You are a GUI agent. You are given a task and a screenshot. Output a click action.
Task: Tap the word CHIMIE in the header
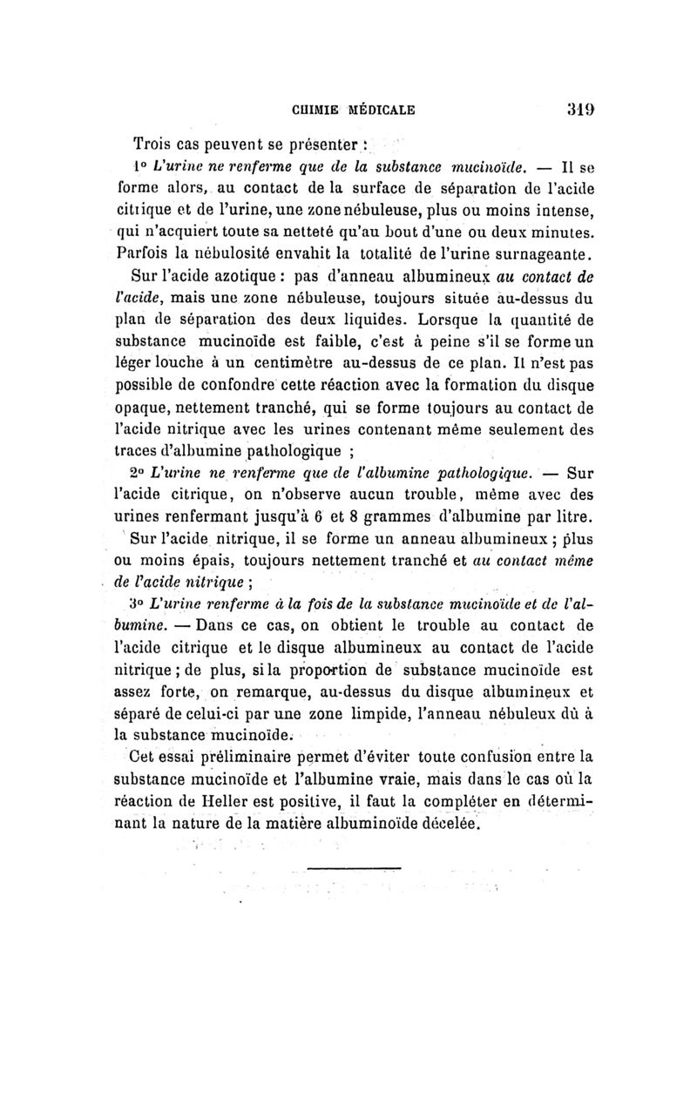tap(319, 111)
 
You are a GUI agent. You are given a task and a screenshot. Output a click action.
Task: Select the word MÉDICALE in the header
tap(383, 111)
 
